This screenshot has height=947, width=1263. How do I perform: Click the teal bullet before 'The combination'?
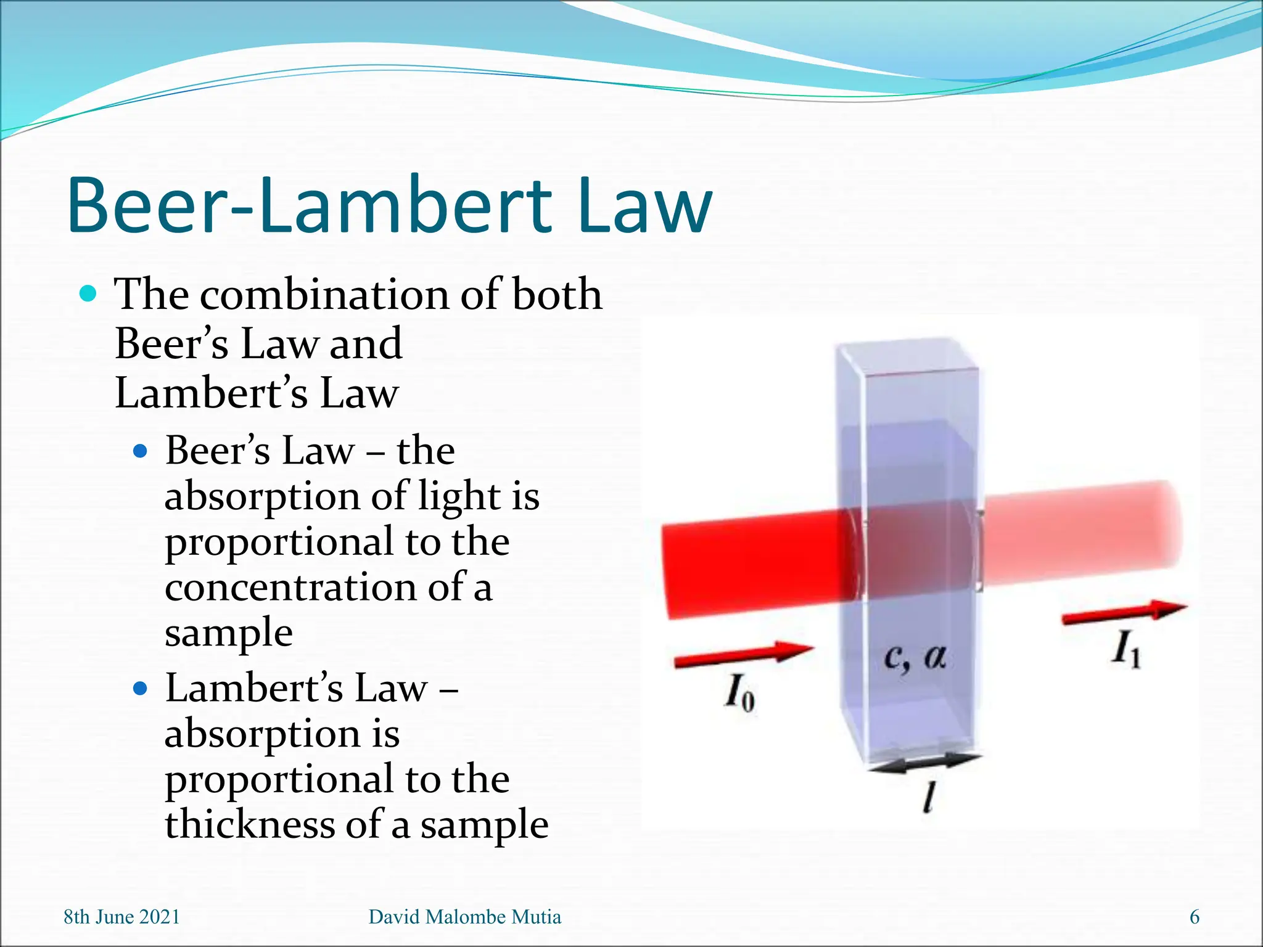(89, 293)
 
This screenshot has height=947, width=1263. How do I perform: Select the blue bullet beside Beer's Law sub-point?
(141, 451)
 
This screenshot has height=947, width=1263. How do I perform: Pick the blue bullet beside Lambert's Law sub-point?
(141, 688)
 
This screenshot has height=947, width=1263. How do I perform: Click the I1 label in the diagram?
(1125, 650)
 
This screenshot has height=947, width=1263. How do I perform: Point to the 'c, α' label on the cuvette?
(914, 657)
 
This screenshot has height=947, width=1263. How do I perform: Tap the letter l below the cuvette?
(929, 797)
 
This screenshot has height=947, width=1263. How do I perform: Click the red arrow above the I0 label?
(744, 654)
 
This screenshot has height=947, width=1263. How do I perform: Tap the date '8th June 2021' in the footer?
(121, 917)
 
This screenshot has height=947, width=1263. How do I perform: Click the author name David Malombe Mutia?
(464, 917)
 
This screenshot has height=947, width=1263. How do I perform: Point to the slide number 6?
(1194, 917)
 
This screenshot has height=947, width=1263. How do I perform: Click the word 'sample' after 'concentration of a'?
(228, 633)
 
